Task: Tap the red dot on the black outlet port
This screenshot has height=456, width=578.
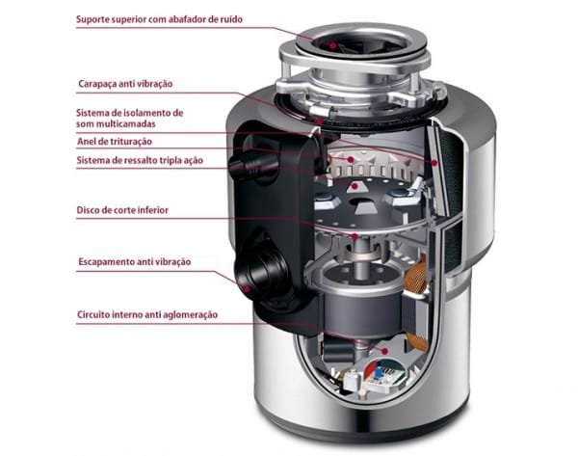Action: click(x=249, y=285)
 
